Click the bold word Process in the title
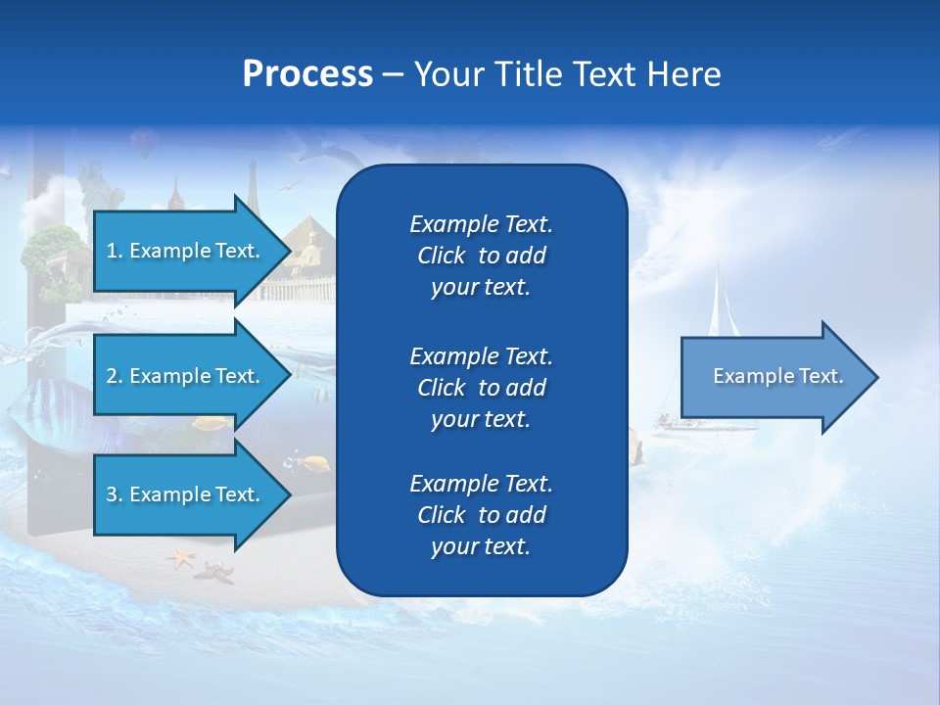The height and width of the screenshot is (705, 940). tap(307, 74)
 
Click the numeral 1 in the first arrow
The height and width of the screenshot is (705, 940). tap(112, 251)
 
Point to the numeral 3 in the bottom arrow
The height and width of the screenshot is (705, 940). tap(112, 494)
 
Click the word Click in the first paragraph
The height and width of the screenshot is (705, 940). tap(442, 256)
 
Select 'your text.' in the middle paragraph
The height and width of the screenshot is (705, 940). tap(481, 419)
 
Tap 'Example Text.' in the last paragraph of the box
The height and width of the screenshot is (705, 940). tap(481, 484)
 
